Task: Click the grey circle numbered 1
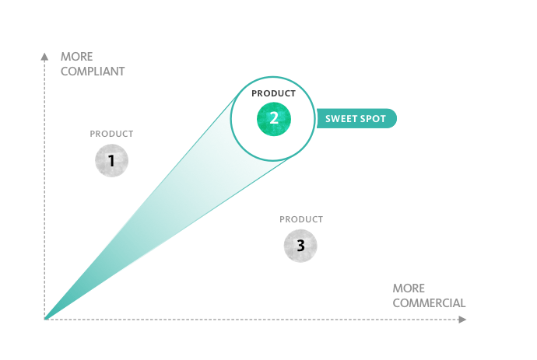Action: coord(111,160)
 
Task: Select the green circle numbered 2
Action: coord(274,119)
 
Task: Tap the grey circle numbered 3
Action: coord(300,246)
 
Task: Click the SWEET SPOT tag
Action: coord(356,118)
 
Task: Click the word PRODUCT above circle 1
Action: coord(111,134)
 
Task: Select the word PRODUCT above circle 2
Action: coord(273,93)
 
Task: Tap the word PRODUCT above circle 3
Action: coord(301,219)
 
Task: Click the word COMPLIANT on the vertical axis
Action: coord(93,72)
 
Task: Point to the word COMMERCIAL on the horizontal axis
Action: coord(429,303)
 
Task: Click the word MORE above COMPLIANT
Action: coord(77,57)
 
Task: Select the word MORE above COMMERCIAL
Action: coord(409,288)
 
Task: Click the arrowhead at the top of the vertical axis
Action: coord(44,57)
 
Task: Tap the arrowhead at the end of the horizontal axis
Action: coord(462,320)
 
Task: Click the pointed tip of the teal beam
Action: coord(45,319)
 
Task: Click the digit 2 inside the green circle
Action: coord(274,118)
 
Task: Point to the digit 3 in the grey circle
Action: coord(300,246)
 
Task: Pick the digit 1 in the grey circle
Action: coord(111,160)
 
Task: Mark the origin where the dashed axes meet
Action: coord(44,320)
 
